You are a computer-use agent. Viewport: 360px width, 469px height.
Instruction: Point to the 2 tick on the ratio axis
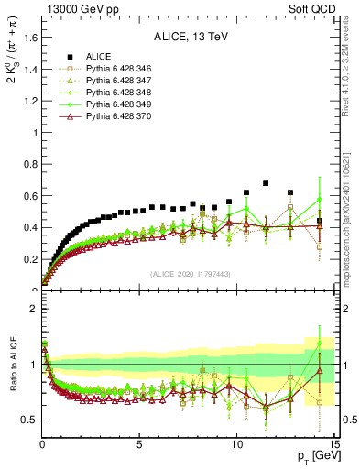coord(33,309)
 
